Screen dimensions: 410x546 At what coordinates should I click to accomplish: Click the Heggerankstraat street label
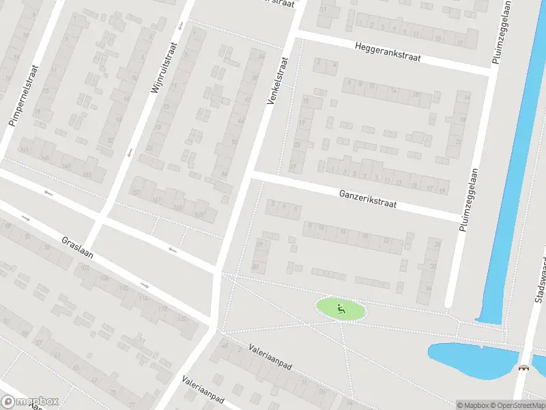[x=386, y=52]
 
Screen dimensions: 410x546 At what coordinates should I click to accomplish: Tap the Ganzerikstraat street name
[x=367, y=200]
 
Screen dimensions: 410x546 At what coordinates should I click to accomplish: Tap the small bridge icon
[x=523, y=368]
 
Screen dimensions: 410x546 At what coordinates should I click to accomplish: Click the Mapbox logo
[x=30, y=401]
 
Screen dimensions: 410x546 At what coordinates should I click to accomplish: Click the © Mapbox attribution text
[x=472, y=405]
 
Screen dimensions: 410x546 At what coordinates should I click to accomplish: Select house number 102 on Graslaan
[x=85, y=269]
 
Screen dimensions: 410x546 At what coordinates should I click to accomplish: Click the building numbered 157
[x=136, y=192]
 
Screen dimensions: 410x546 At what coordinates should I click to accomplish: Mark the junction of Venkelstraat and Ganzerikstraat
[x=253, y=176]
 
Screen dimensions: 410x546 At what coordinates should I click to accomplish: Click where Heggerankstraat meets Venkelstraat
[x=297, y=32]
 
